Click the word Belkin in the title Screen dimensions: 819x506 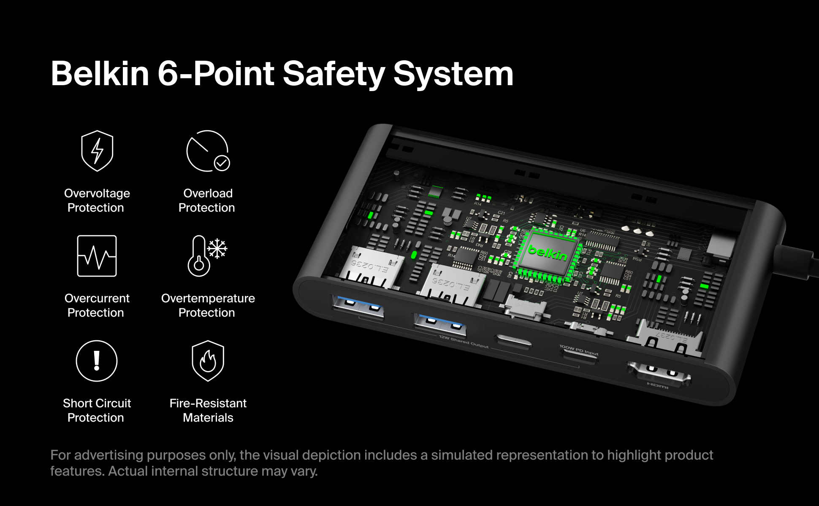[100, 74]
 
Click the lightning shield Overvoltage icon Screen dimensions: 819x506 [97, 151]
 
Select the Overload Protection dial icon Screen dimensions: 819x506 [207, 151]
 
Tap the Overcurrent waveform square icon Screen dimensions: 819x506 [97, 256]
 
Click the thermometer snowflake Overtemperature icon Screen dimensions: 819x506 [207, 256]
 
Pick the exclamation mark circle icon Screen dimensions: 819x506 [97, 361]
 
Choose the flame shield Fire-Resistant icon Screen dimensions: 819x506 [208, 361]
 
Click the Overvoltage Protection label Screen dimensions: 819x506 [97, 200]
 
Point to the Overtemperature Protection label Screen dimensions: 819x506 [208, 305]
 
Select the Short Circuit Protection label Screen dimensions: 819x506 [97, 410]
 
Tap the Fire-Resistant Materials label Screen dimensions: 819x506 [208, 410]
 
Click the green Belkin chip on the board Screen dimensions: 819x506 [548, 252]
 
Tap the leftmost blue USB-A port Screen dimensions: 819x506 [358, 307]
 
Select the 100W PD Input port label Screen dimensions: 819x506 [579, 350]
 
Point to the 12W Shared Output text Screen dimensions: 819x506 [464, 342]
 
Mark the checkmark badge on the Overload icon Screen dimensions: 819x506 [222, 163]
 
